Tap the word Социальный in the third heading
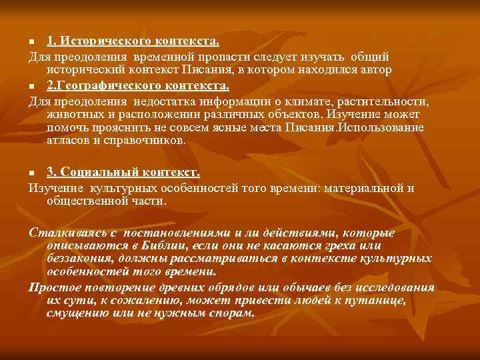(x=101, y=173)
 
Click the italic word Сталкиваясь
(x=63, y=233)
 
